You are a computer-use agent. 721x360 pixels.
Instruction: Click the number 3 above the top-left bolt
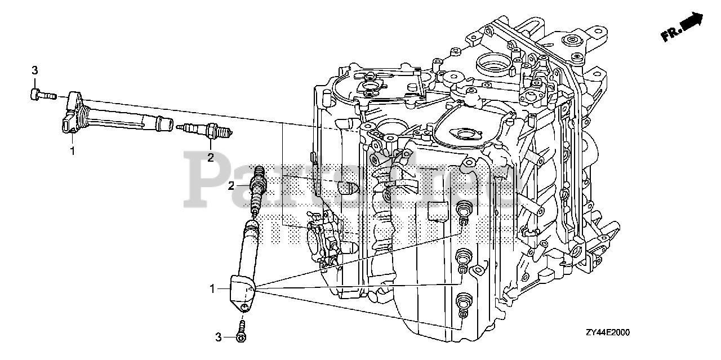pos(34,70)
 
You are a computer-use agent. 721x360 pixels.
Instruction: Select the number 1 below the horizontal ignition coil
pos(72,150)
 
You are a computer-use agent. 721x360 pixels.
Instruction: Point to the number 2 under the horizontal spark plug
pos(211,157)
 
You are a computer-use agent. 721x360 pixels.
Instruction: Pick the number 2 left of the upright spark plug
pos(232,185)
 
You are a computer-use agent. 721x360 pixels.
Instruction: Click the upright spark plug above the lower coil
pos(257,192)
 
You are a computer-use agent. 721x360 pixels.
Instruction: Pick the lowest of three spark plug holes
pos(464,300)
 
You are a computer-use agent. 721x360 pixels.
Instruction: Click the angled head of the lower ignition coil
pos(241,290)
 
